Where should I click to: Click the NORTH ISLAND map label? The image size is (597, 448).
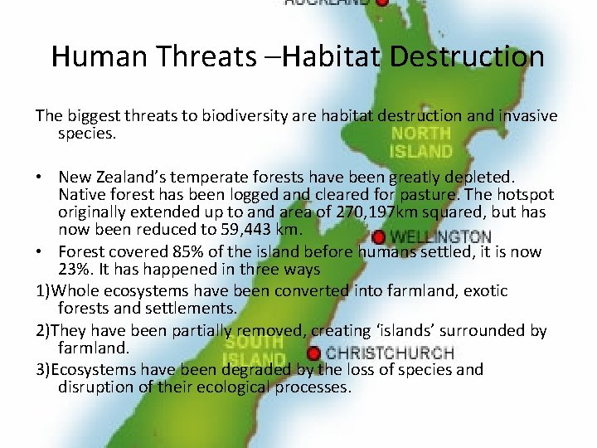point(421,143)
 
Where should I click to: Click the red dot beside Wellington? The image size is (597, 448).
point(379,237)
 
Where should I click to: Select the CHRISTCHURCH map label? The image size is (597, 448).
point(390,353)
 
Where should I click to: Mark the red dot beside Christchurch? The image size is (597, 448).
point(313,354)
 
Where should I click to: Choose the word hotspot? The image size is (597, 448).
point(526,195)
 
